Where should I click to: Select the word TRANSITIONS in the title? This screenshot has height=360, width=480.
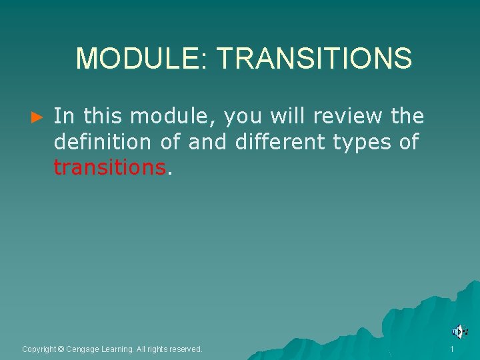(x=314, y=59)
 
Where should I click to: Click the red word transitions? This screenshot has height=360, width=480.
(x=109, y=167)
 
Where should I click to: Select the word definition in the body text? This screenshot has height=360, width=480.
(x=103, y=142)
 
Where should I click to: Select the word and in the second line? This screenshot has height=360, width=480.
(x=208, y=142)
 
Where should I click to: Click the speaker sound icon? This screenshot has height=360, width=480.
(x=459, y=331)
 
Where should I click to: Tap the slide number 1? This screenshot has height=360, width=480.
(x=452, y=349)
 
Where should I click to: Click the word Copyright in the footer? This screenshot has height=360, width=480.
(x=39, y=349)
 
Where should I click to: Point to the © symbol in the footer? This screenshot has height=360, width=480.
(x=61, y=349)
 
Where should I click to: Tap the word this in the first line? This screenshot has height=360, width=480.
(x=103, y=116)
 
